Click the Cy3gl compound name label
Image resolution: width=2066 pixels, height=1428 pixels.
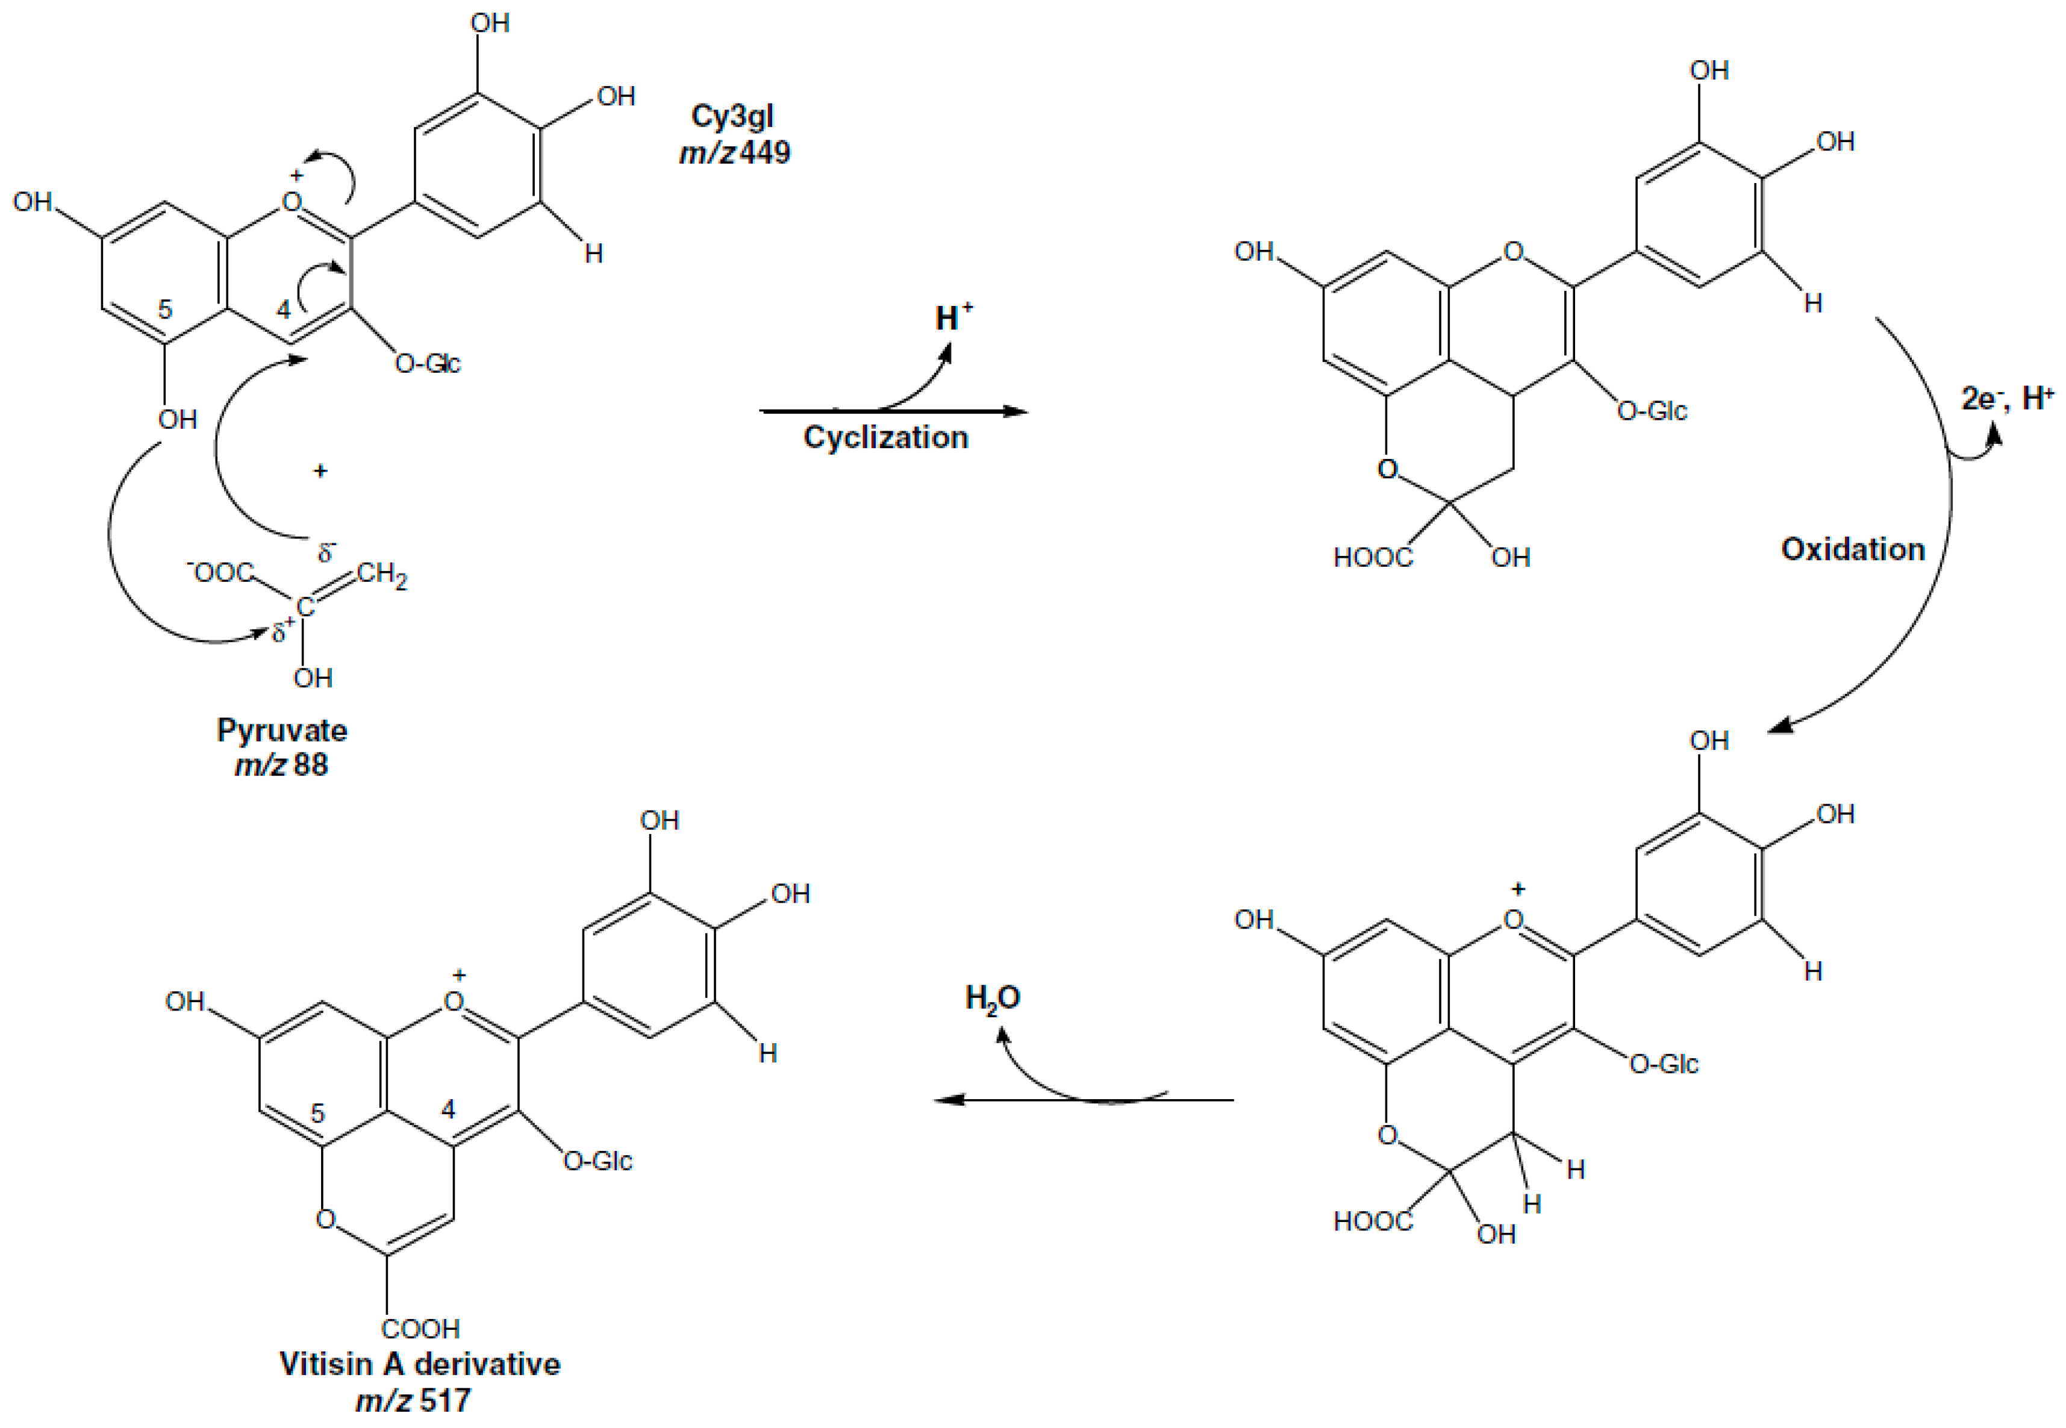[732, 116]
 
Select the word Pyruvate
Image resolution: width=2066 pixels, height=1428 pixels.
[282, 730]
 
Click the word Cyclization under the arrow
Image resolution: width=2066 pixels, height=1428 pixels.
[885, 437]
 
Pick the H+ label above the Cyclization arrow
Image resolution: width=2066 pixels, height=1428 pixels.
[953, 317]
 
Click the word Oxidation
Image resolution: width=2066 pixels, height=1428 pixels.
[1852, 549]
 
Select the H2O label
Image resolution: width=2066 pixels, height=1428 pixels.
[992, 999]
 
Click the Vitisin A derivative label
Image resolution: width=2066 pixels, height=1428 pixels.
[420, 1364]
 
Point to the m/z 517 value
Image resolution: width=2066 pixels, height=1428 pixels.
[413, 1399]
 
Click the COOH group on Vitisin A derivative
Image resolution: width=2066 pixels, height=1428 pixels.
[420, 1329]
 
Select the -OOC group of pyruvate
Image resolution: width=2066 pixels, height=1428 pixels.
[220, 572]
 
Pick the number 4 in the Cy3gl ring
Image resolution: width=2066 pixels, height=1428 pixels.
[284, 310]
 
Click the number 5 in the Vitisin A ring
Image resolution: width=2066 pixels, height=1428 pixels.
[317, 1113]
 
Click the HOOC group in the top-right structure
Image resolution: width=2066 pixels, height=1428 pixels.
[1373, 558]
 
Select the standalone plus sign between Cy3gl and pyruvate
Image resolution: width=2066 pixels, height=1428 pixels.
[320, 470]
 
